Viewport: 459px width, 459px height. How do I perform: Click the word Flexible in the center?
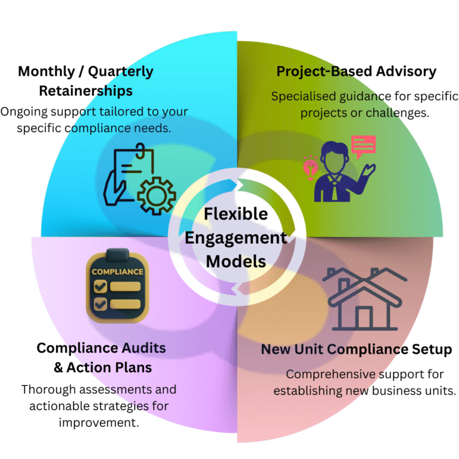tap(236, 214)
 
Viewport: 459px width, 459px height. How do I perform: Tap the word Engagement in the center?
tap(236, 238)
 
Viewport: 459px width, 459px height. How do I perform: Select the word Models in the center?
tap(236, 261)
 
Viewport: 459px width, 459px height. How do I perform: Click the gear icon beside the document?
tap(157, 196)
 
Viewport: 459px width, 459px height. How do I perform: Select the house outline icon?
tap(365, 299)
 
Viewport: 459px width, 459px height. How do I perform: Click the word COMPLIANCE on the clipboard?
tap(117, 272)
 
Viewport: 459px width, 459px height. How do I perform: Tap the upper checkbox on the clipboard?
tap(100, 286)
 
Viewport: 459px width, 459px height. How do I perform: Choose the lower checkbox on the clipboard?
tap(100, 304)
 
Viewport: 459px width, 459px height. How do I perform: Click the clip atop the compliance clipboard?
tap(117, 254)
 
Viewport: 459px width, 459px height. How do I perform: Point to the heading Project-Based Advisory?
tap(356, 72)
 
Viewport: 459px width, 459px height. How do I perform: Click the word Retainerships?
tap(86, 91)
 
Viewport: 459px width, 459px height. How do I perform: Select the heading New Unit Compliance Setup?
tap(356, 350)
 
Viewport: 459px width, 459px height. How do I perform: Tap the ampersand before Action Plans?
tap(58, 368)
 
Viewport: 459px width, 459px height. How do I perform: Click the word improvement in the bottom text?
tap(99, 423)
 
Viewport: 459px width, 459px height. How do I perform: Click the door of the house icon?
tap(364, 317)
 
